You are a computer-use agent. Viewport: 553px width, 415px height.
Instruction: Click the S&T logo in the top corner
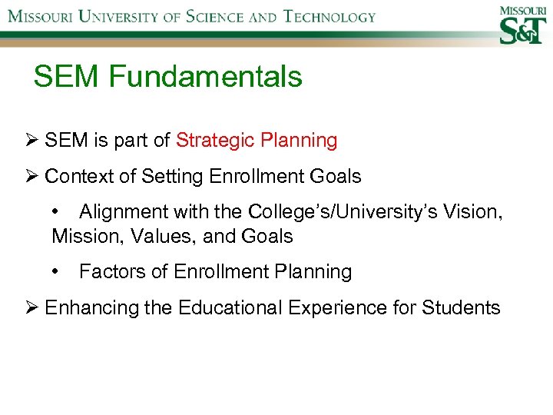coord(522,25)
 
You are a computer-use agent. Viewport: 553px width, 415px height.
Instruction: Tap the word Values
coord(164,236)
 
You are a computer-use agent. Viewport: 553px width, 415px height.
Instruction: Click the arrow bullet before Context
coord(31,176)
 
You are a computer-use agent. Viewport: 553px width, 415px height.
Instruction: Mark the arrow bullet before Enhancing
coord(31,308)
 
